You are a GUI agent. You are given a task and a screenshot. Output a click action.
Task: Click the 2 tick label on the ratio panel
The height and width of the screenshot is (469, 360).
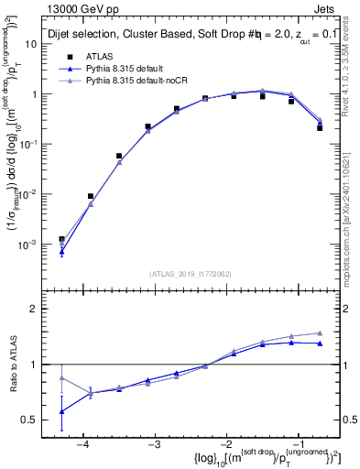[36, 309]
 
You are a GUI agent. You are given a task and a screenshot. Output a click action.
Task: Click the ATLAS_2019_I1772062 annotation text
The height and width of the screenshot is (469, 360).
[188, 274]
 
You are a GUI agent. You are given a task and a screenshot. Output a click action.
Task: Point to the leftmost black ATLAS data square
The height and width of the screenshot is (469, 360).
[61, 239]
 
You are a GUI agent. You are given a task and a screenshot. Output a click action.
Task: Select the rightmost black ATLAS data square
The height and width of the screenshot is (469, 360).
[320, 128]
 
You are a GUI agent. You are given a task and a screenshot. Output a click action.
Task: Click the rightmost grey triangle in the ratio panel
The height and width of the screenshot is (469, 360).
[320, 333]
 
